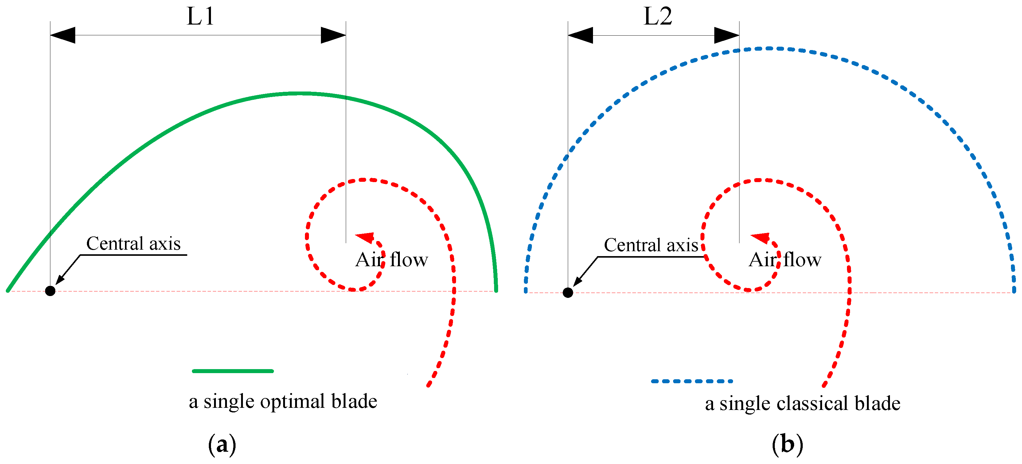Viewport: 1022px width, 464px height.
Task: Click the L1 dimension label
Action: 200,17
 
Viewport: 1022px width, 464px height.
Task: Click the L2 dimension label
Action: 657,17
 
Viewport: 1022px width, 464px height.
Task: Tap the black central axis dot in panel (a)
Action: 50,291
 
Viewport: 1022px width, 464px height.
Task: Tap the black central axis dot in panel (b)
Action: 568,293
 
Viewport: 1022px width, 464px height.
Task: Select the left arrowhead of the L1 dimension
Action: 63,35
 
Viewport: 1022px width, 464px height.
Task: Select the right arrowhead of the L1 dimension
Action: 333,35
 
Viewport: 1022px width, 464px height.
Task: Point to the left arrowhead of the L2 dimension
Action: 580,35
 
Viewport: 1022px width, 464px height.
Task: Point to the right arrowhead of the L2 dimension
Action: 727,35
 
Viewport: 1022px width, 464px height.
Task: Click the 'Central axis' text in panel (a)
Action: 133,244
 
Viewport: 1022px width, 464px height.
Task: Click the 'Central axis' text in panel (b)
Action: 651,245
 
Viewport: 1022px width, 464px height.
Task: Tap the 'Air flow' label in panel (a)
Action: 392,260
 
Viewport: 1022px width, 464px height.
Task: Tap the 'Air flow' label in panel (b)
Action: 785,260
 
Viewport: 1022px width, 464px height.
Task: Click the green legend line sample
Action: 233,371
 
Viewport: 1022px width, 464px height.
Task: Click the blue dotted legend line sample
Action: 692,381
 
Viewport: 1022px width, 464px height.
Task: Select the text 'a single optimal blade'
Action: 283,401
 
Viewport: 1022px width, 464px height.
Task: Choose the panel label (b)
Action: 787,444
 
